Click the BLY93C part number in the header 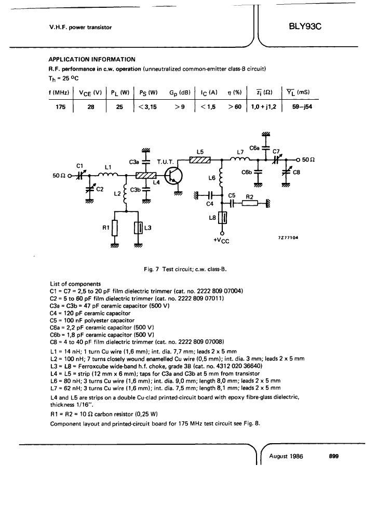305,26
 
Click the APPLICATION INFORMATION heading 92,59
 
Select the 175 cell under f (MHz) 60,107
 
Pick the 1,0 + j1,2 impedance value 264,107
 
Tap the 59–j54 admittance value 302,107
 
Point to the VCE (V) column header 90,93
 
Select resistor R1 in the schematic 114,228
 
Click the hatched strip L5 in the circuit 200,160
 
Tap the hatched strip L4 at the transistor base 146,176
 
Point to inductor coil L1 109,175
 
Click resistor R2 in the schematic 250,204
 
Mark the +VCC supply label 222,241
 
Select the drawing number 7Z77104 288,237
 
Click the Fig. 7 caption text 185,269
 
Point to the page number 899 334,456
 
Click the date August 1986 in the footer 286,457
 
